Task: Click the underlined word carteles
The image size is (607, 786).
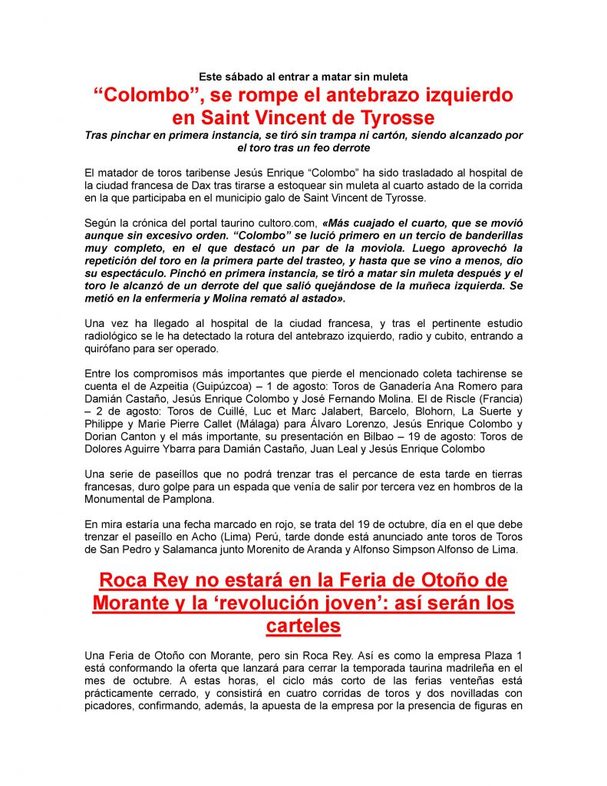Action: tap(303, 626)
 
